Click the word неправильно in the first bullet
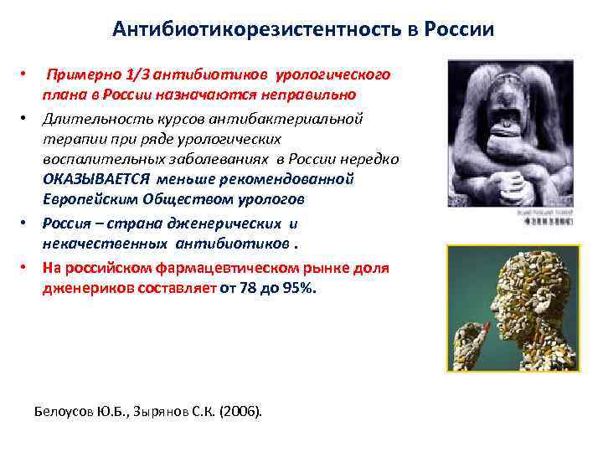click(x=309, y=95)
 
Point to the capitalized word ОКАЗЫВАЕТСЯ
click(x=96, y=179)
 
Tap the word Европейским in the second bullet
click(x=91, y=200)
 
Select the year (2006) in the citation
click(x=244, y=411)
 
